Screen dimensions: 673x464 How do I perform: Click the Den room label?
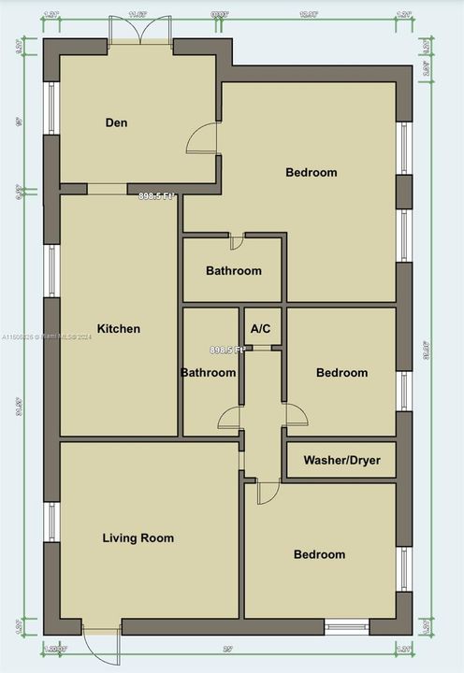[x=116, y=122]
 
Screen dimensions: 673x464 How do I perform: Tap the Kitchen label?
[x=119, y=328]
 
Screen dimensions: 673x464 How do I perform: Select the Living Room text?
[x=138, y=537]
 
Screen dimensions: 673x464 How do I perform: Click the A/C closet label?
[x=261, y=328]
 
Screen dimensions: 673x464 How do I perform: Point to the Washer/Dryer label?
[x=341, y=460]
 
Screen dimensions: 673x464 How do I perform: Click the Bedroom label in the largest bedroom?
[x=312, y=172]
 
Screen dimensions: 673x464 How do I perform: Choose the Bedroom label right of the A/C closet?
[x=341, y=373]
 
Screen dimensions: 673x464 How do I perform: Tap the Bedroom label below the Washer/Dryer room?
[x=319, y=554]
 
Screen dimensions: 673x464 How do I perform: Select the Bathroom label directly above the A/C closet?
[x=233, y=271]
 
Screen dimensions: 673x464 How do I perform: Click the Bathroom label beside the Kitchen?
[x=208, y=373]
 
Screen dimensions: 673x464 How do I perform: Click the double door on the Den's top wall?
[x=139, y=31]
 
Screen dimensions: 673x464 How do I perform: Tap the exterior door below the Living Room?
[x=101, y=642]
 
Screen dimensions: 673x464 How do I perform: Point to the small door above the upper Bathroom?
[x=237, y=241]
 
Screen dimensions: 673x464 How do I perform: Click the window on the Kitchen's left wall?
[x=52, y=271]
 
